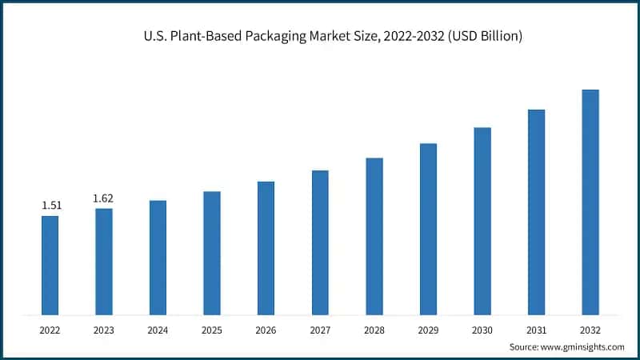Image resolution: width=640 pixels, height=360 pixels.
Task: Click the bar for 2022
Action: point(50,265)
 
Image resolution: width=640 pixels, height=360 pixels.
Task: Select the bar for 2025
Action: point(212,253)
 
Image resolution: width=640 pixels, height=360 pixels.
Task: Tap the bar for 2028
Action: point(374,236)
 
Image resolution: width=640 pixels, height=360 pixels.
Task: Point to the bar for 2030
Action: point(482,221)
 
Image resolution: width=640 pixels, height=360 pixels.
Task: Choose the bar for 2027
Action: point(320,242)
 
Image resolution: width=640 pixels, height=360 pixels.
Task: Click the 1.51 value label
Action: point(51,206)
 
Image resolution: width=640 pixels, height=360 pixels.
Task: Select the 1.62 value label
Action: point(104,198)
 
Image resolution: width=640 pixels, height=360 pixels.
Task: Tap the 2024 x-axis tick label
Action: point(158,329)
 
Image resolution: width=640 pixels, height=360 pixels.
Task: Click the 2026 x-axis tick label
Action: point(266,329)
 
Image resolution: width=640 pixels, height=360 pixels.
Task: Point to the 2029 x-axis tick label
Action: point(428,329)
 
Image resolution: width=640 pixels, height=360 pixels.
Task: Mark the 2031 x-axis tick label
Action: point(536,329)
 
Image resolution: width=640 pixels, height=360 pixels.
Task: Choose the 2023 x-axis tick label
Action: point(104,329)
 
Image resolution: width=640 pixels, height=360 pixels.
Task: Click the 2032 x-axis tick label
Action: point(590,329)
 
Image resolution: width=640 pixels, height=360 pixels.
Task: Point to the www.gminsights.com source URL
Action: point(582,347)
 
